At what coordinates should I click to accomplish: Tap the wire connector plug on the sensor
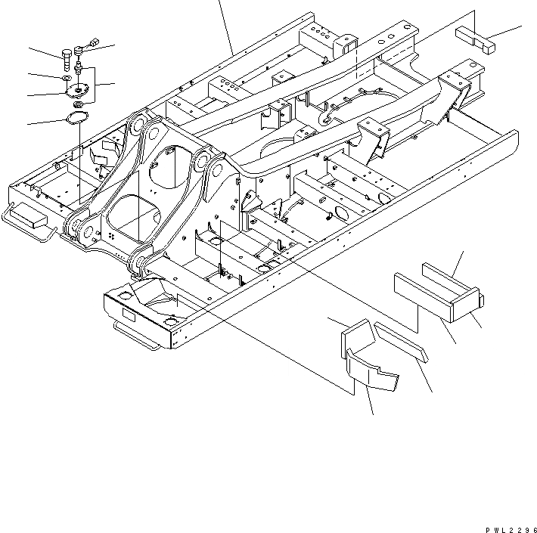(x=92, y=43)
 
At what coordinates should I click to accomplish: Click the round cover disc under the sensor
(x=78, y=90)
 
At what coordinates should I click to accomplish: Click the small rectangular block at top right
(x=474, y=38)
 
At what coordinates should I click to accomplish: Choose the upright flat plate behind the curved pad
(x=356, y=333)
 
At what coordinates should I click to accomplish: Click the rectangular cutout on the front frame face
(x=126, y=316)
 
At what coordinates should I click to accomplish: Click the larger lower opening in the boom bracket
(x=128, y=212)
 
